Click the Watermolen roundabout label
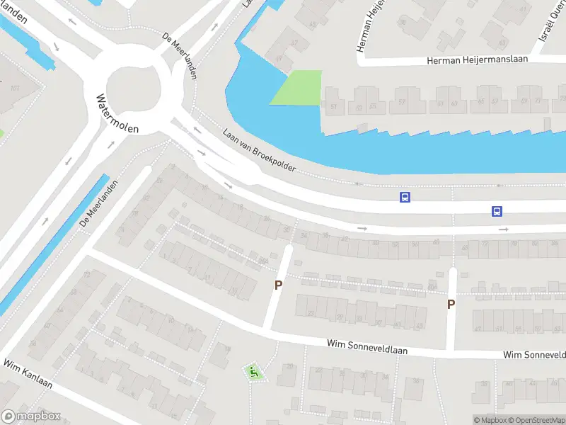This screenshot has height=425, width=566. [x=117, y=114]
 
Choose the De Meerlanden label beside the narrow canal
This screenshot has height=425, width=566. [x=98, y=203]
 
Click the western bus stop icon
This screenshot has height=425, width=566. [x=405, y=197]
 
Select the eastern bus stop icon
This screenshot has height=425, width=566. [x=497, y=211]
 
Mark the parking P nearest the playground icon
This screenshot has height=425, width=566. [x=279, y=285]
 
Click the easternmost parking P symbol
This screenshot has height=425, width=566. [x=451, y=304]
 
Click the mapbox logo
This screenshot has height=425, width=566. [x=31, y=416]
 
